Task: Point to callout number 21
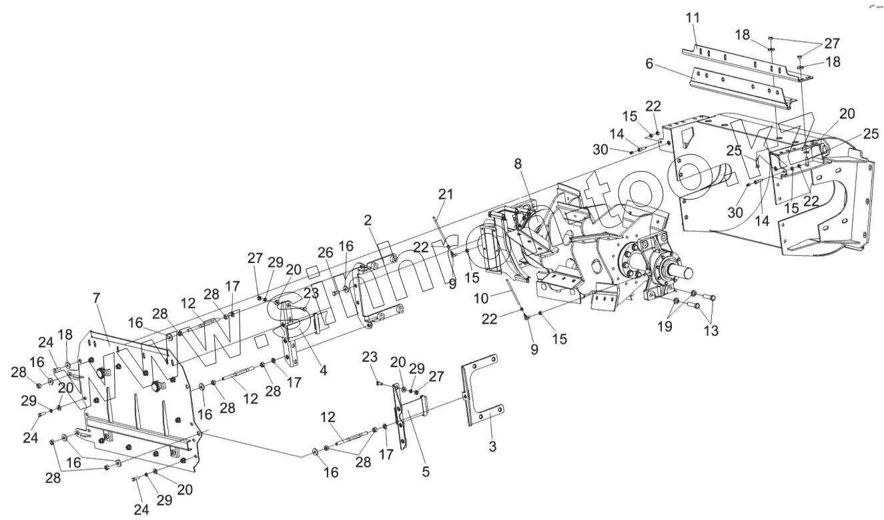445,194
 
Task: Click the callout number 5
426,472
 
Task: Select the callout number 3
492,447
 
